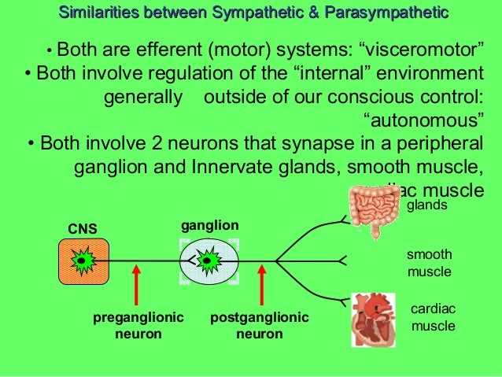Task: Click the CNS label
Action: [83, 229]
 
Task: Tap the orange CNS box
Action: [82, 261]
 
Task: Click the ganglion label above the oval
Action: [209, 226]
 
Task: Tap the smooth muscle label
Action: [429, 263]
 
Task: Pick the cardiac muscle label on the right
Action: [434, 317]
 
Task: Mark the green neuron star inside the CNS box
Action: [81, 260]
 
